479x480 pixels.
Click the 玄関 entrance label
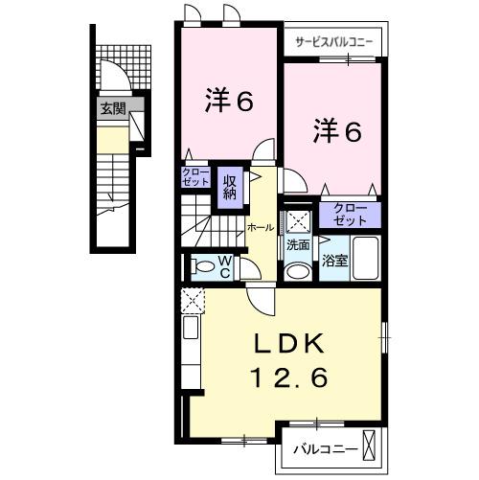pyautogui.click(x=112, y=108)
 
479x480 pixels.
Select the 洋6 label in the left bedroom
pyautogui.click(x=229, y=101)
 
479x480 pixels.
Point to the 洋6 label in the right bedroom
pyautogui.click(x=335, y=133)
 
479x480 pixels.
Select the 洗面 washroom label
pyautogui.click(x=298, y=244)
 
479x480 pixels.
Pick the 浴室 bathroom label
pyautogui.click(x=334, y=259)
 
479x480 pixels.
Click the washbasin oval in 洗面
pyautogui.click(x=298, y=271)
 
